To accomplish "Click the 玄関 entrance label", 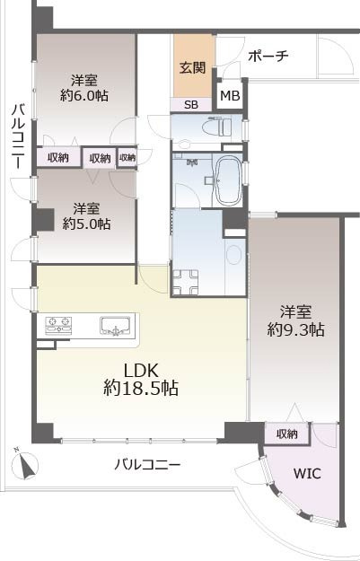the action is [x=193, y=67].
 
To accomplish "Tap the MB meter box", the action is [x=230, y=96].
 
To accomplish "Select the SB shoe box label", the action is [x=190, y=105].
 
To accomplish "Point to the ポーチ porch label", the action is [x=268, y=57].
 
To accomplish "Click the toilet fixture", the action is [x=217, y=127].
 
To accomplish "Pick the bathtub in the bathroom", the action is [x=228, y=180].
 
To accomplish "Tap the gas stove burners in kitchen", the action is [x=58, y=325].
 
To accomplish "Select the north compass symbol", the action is [x=24, y=464].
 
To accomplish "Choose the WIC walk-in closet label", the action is [x=307, y=473].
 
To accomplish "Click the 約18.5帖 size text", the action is [x=141, y=388].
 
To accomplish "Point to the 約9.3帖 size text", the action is [x=296, y=329].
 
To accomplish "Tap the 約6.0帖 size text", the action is [x=84, y=95].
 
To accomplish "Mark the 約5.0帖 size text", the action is [x=86, y=224].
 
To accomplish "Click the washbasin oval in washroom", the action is [x=233, y=254].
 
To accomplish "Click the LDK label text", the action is [x=141, y=371].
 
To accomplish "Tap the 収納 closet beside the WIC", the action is [x=286, y=434].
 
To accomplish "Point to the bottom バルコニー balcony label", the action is [x=147, y=465].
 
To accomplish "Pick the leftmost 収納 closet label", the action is [x=58, y=157].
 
